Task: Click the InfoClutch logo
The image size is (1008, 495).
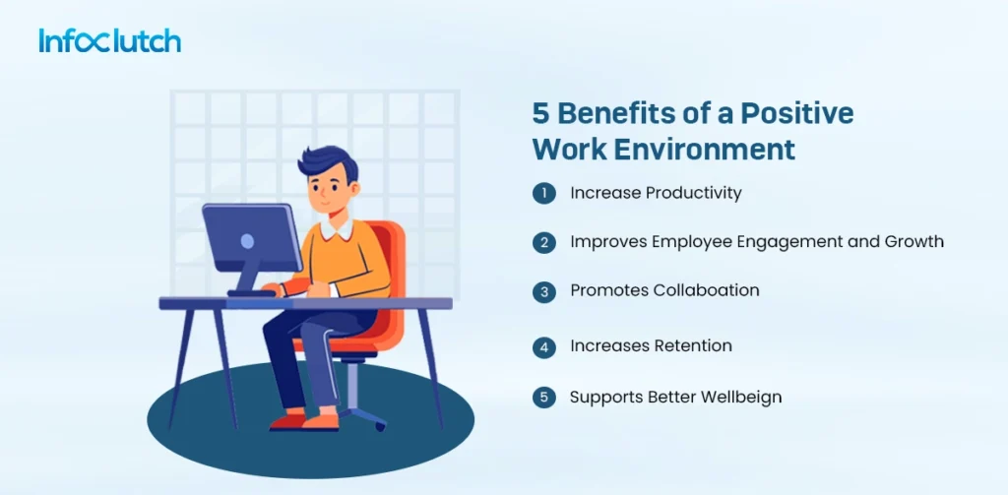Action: point(109,41)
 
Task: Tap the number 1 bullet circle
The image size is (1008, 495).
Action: point(543,194)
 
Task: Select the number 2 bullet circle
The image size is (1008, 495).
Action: point(543,243)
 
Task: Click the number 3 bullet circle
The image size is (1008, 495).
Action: point(543,292)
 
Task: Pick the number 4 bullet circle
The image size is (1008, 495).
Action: point(543,347)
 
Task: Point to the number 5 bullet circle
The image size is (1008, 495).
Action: point(543,399)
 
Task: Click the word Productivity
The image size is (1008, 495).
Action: point(693,194)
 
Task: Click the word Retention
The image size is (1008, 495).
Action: point(695,346)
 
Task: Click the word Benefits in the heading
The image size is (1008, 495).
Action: point(610,114)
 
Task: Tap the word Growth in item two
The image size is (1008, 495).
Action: point(916,242)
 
